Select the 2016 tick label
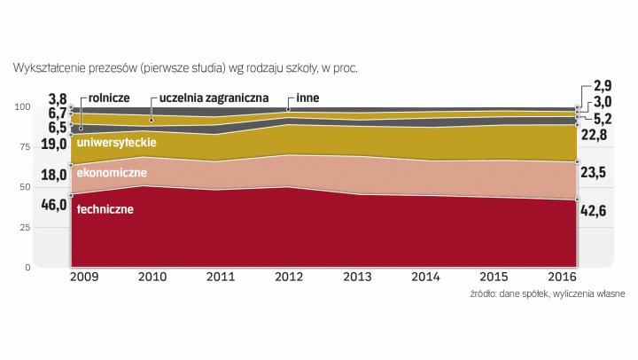coord(563,278)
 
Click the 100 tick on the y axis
coord(23,107)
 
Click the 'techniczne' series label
coord(105,209)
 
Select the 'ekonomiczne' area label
coord(112,173)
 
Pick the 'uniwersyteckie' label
coord(117,142)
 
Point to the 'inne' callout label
coord(308,98)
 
